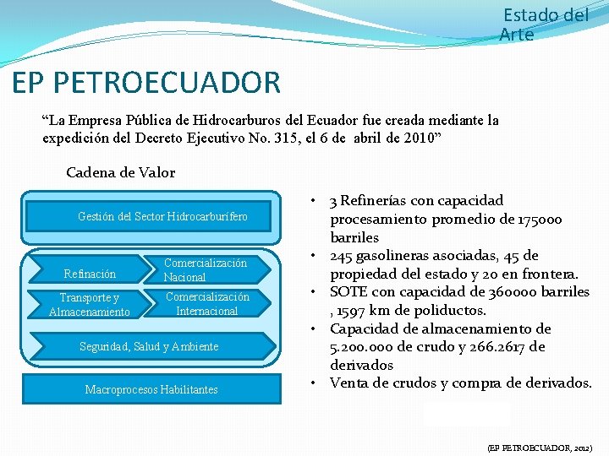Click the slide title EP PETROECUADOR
(x=146, y=83)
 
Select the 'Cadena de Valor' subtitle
(x=120, y=172)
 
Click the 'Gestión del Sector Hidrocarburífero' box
(x=162, y=217)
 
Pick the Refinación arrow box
(x=90, y=274)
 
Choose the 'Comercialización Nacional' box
(x=206, y=270)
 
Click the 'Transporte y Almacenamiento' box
(x=90, y=305)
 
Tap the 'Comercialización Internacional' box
(x=207, y=304)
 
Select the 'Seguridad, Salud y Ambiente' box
(x=149, y=346)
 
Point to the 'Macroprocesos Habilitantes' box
(x=151, y=389)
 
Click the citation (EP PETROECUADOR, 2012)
(x=540, y=447)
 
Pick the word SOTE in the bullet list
(x=348, y=292)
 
